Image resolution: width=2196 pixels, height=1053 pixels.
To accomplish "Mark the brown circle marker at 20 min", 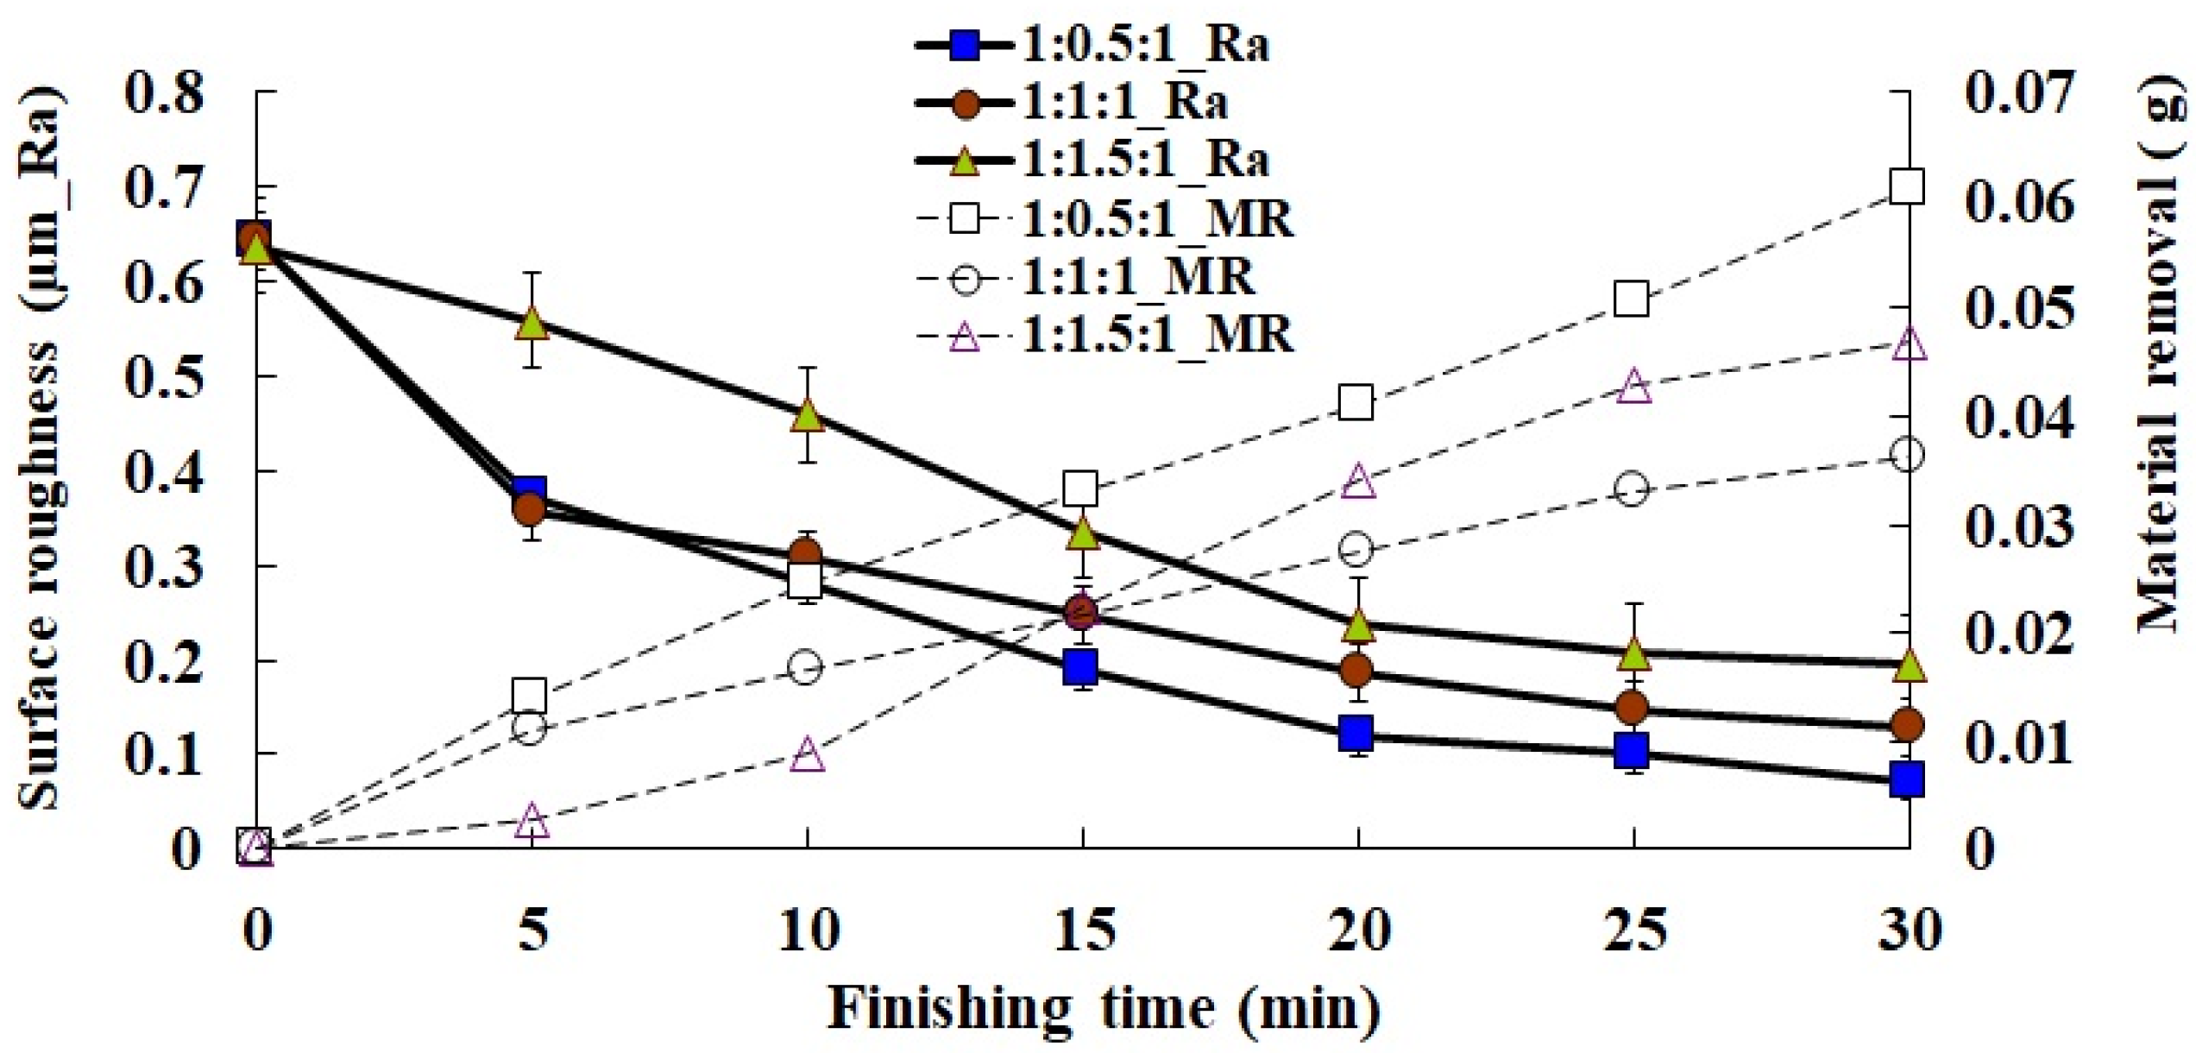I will pos(1357,670).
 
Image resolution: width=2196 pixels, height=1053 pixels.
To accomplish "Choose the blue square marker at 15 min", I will pos(1081,667).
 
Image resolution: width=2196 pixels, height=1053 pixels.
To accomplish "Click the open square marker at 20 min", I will pos(1356,403).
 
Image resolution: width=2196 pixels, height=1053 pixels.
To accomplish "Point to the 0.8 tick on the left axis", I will pos(164,92).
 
